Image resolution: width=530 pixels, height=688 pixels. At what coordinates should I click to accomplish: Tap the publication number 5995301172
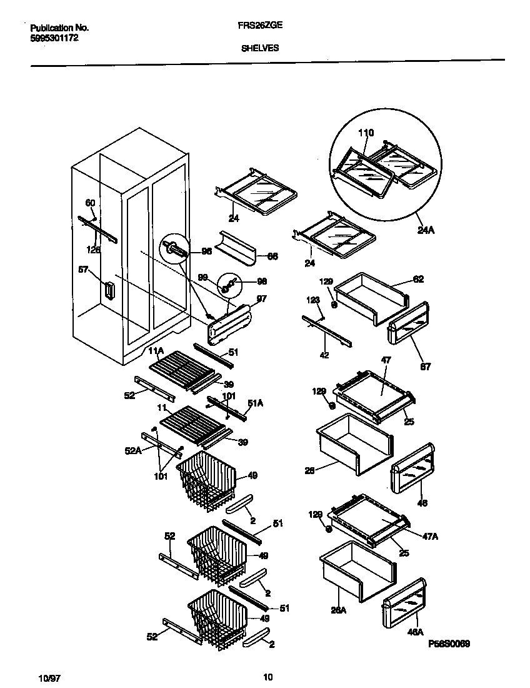tap(54, 38)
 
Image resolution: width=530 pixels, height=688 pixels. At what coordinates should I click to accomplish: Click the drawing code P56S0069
tap(449, 644)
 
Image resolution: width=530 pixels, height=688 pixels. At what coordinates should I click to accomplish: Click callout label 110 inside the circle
tap(366, 133)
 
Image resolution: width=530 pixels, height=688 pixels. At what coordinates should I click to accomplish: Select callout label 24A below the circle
tap(426, 230)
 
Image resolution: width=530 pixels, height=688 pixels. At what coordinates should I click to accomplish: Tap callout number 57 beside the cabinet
tap(83, 270)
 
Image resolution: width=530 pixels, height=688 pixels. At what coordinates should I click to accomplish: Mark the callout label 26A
tap(338, 612)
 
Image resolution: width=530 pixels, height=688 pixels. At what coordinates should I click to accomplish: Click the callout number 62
tap(418, 279)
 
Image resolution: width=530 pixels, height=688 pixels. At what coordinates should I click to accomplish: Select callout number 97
tap(261, 299)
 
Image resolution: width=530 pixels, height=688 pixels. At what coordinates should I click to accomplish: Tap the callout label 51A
tap(254, 404)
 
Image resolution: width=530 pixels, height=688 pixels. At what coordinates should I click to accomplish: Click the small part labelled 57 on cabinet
tap(111, 291)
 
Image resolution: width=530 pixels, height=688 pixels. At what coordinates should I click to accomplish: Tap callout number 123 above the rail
tap(313, 301)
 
